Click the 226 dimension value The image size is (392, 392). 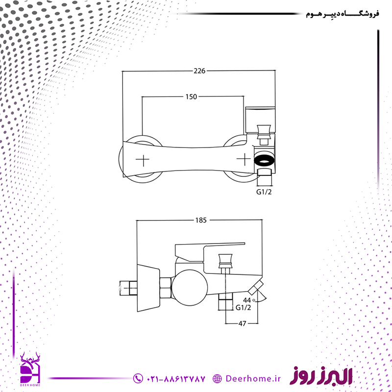(199, 71)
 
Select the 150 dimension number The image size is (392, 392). (191, 97)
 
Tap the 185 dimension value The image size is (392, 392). (201, 220)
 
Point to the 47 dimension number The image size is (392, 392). (242, 323)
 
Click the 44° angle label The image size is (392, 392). (249, 300)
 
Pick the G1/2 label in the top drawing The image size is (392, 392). (264, 192)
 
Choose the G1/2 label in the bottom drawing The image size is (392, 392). (243, 308)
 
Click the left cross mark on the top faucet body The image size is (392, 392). (143, 160)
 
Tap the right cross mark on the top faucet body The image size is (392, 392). (244, 160)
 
